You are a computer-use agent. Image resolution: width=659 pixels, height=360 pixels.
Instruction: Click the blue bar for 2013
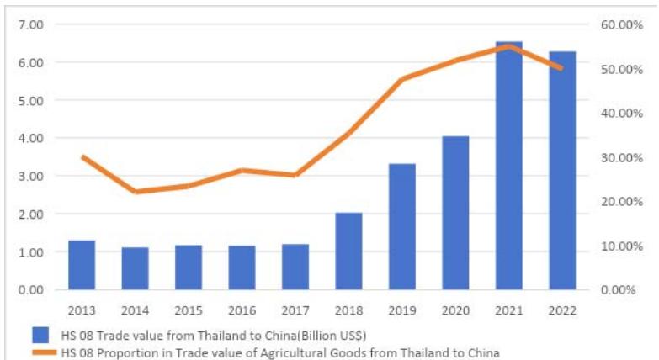click(82, 265)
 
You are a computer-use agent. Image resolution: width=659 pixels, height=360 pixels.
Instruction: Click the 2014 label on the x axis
click(135, 310)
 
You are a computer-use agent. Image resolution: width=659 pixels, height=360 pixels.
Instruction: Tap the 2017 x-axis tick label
click(295, 310)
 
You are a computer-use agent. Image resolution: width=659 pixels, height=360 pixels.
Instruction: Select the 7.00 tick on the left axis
click(30, 24)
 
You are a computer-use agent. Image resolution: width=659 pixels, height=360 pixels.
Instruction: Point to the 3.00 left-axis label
click(30, 176)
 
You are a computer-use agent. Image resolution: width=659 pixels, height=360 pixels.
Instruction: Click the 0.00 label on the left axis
click(30, 290)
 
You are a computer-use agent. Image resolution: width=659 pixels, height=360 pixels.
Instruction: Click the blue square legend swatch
click(40, 334)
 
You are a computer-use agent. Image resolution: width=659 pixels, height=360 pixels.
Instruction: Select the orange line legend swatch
click(40, 352)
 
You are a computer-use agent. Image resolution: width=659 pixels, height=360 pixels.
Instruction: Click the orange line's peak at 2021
click(508, 46)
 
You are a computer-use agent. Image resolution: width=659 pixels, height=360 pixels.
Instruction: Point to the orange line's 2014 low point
click(135, 192)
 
